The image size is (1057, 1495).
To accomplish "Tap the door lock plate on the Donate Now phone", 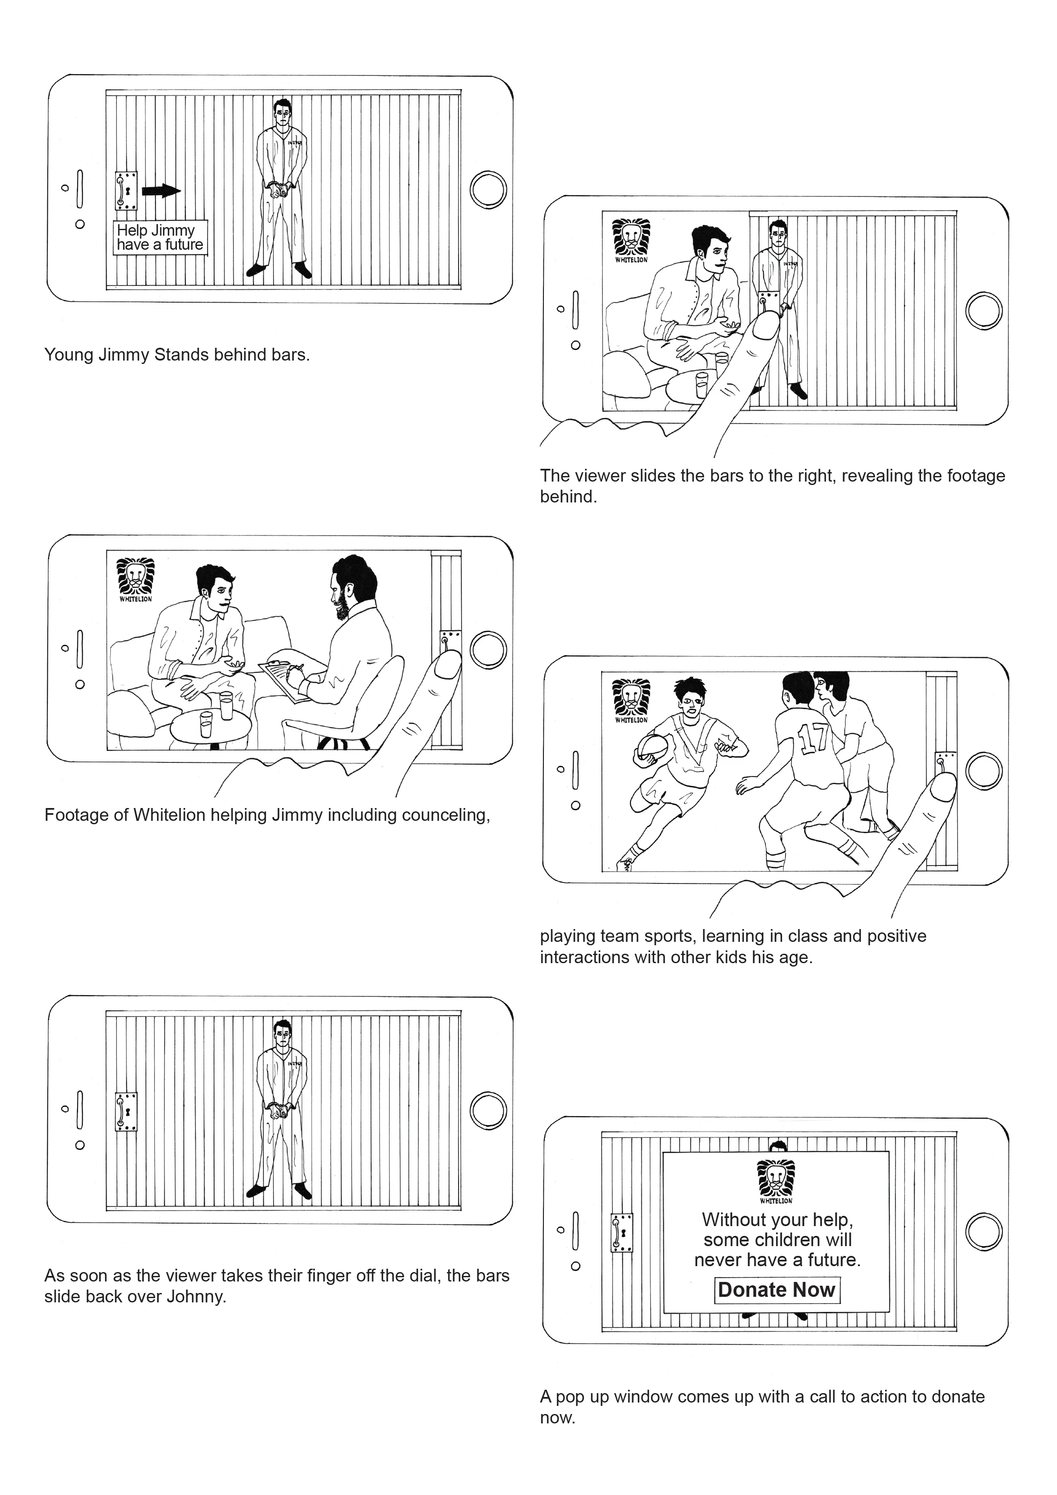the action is (x=621, y=1232).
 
